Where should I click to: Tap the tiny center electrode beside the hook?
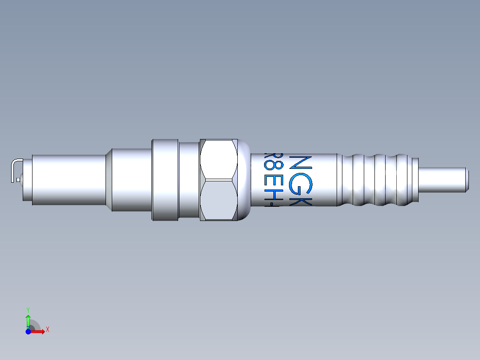18,180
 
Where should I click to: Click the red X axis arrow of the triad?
40,331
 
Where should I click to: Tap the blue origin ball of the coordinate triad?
28,331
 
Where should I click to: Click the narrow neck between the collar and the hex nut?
189,180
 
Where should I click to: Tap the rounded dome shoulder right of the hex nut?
244,180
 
